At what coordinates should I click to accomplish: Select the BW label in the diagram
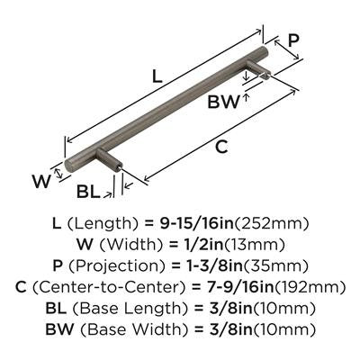[224, 102]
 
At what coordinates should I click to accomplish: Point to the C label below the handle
[221, 147]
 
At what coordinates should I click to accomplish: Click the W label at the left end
[41, 181]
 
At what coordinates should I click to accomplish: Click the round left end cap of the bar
[68, 165]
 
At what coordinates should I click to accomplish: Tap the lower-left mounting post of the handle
[110, 160]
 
